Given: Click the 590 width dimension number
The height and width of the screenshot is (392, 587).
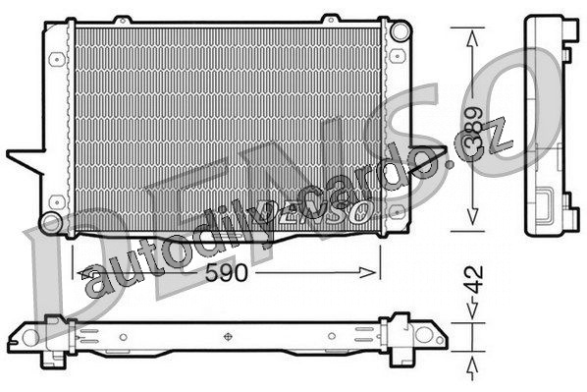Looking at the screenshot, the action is [x=227, y=272].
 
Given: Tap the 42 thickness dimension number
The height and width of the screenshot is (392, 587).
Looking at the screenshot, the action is [x=474, y=280].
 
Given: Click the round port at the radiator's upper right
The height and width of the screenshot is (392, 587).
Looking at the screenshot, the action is [x=400, y=30].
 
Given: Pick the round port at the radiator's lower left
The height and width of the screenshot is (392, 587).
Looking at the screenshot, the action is [x=50, y=223].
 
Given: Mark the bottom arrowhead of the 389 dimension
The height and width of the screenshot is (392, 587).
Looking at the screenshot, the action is [x=472, y=217].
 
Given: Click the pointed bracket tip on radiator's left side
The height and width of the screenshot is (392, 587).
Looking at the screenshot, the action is [x=8, y=153].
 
